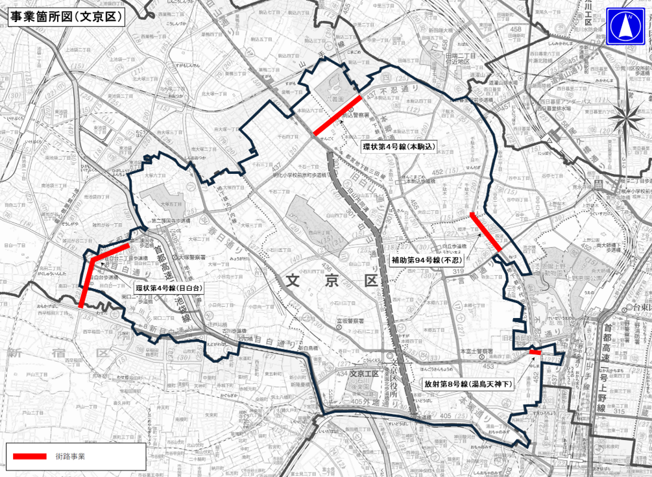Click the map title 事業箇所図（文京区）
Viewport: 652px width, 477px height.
66,17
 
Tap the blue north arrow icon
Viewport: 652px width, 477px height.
625,26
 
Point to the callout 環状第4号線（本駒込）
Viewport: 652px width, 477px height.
400,146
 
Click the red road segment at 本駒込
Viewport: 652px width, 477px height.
337,117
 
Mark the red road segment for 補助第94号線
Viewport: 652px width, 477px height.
486,233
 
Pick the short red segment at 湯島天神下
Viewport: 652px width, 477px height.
535,352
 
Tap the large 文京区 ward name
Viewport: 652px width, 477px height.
332,281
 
